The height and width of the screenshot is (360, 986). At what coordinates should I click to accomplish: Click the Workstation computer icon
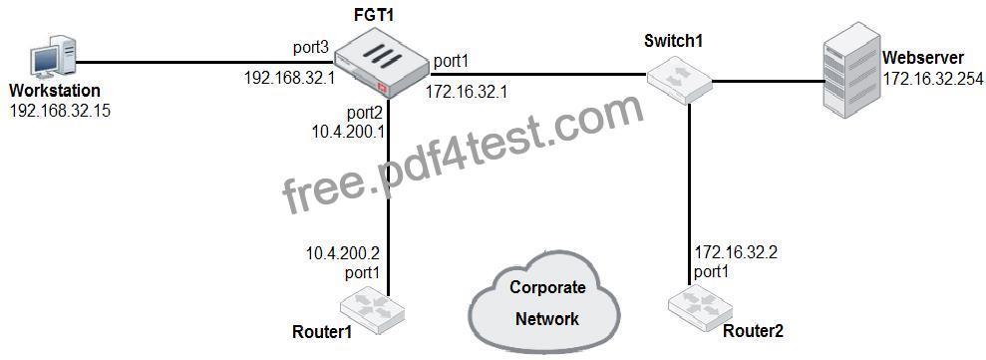(x=54, y=61)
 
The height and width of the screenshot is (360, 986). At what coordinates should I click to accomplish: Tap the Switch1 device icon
(x=679, y=79)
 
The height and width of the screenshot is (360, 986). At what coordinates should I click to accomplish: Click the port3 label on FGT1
(x=312, y=49)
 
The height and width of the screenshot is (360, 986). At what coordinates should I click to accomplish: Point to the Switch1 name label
(x=674, y=42)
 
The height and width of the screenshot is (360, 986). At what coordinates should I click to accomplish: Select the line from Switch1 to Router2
(x=690, y=193)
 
